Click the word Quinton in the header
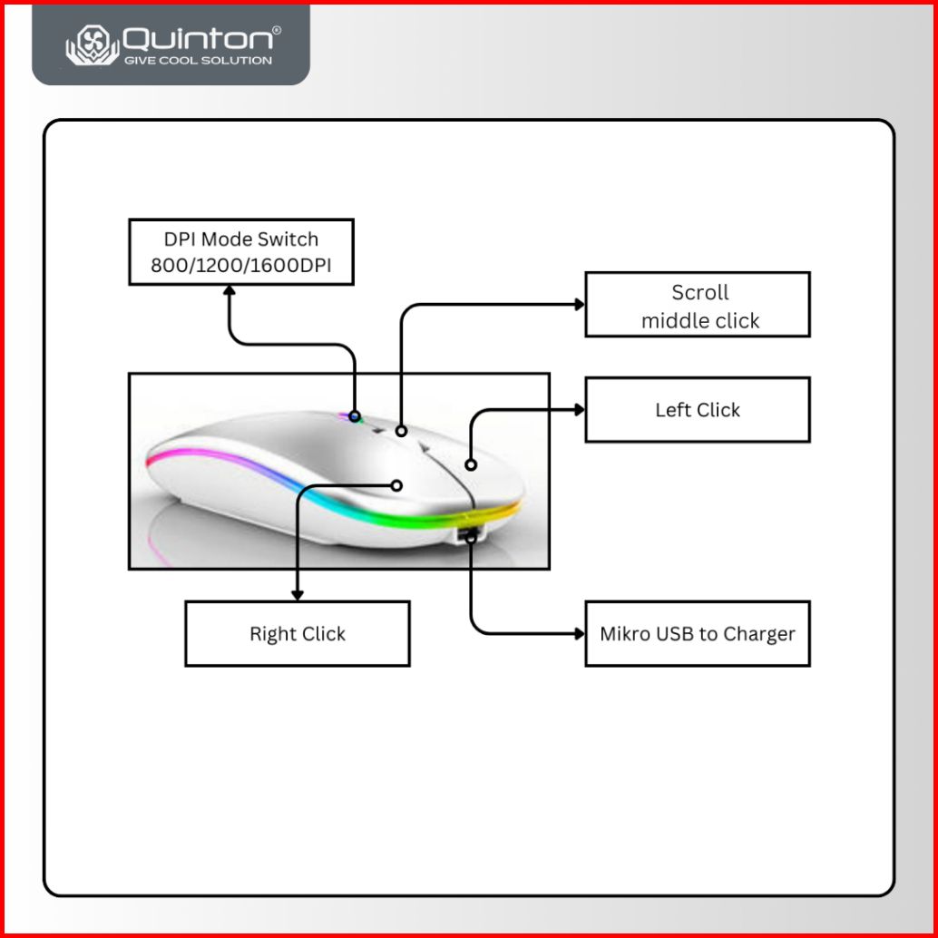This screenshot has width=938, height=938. tap(197, 38)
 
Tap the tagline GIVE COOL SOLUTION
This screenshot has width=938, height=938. tap(197, 61)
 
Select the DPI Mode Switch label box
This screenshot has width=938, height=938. tap(240, 252)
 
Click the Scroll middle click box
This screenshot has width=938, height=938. tap(697, 305)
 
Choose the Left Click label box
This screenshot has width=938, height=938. tap(697, 410)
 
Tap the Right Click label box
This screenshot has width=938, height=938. tap(298, 634)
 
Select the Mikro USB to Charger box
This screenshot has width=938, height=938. tap(697, 634)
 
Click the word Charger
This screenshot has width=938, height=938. tap(757, 634)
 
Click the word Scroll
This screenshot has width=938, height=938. tap(699, 293)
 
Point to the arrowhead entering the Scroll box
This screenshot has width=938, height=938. tap(579, 305)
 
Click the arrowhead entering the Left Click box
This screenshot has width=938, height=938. tap(579, 410)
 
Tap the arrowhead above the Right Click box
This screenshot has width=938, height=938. tap(297, 594)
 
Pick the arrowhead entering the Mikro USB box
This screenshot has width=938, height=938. tap(579, 634)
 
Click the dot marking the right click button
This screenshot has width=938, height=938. tap(396, 485)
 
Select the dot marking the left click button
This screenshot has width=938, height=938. tap(471, 465)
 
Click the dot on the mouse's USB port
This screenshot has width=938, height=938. tap(472, 538)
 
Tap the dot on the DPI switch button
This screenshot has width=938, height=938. tap(355, 416)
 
